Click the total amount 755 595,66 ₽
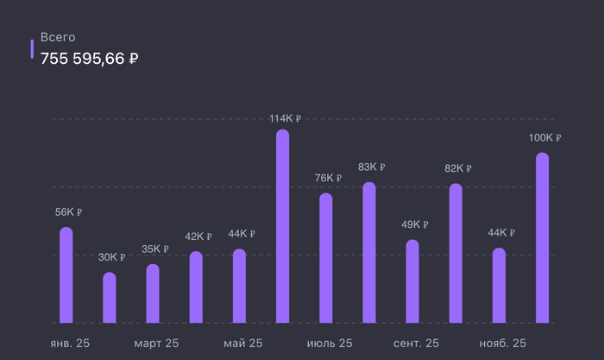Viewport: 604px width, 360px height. (90, 59)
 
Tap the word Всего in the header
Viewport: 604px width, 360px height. (59, 38)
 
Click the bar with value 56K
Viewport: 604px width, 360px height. (66, 275)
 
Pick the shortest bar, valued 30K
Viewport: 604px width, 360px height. (110, 298)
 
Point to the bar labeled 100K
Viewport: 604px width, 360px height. (542, 238)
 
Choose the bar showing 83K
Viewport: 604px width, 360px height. (369, 253)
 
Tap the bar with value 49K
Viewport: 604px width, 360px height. (412, 281)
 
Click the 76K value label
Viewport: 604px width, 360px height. (328, 178)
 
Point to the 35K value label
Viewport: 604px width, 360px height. (154, 249)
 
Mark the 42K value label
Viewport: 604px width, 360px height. (198, 237)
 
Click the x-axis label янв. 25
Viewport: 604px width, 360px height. (68, 344)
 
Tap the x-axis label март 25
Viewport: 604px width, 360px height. (156, 344)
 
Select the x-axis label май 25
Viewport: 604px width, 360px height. (242, 344)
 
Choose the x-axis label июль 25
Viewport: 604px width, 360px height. (330, 344)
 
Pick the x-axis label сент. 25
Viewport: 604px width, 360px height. (416, 344)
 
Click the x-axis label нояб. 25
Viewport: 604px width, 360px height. (502, 344)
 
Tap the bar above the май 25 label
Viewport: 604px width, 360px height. (239, 286)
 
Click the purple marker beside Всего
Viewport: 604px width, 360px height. (33, 48)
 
